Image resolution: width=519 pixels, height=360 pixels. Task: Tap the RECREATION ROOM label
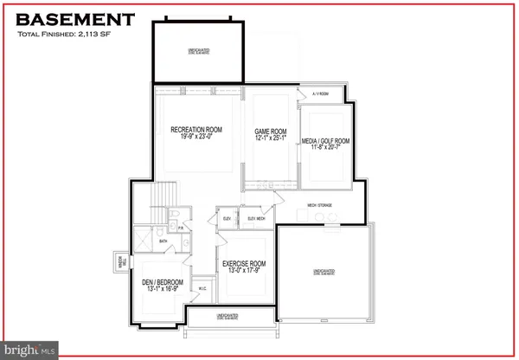197,130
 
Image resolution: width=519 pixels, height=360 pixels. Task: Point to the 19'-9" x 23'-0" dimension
197,138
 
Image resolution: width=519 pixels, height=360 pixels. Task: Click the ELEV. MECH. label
257,218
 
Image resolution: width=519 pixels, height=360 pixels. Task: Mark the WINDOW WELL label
119,263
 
